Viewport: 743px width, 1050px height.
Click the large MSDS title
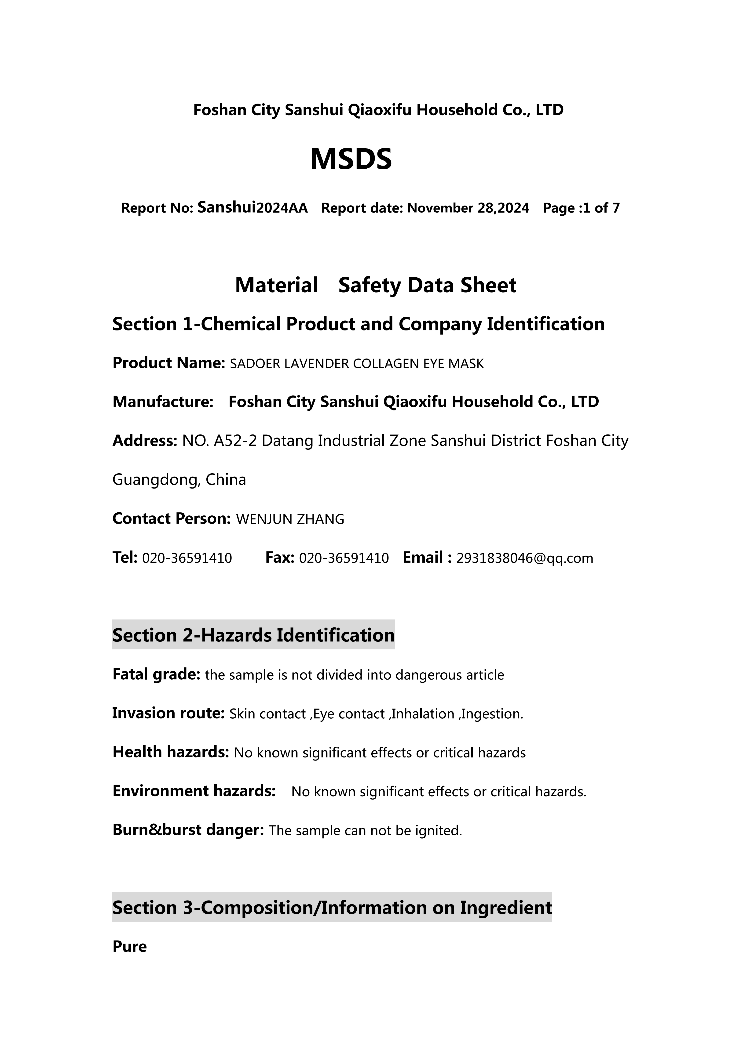pos(351,159)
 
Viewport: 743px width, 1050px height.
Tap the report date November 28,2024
pos(468,208)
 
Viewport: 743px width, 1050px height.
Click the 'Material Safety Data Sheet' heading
pos(376,285)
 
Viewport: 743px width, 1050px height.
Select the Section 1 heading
pos(358,324)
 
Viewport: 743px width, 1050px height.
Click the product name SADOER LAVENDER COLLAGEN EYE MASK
pos(356,364)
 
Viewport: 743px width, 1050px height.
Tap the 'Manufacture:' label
pos(163,402)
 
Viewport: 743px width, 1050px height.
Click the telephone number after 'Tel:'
pos(187,558)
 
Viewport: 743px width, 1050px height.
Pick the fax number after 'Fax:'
pos(344,558)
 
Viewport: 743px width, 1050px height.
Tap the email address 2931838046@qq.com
pos(525,558)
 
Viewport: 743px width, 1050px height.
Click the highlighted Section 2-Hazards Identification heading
pos(253,635)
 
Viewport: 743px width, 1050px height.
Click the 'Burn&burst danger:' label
pos(188,830)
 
